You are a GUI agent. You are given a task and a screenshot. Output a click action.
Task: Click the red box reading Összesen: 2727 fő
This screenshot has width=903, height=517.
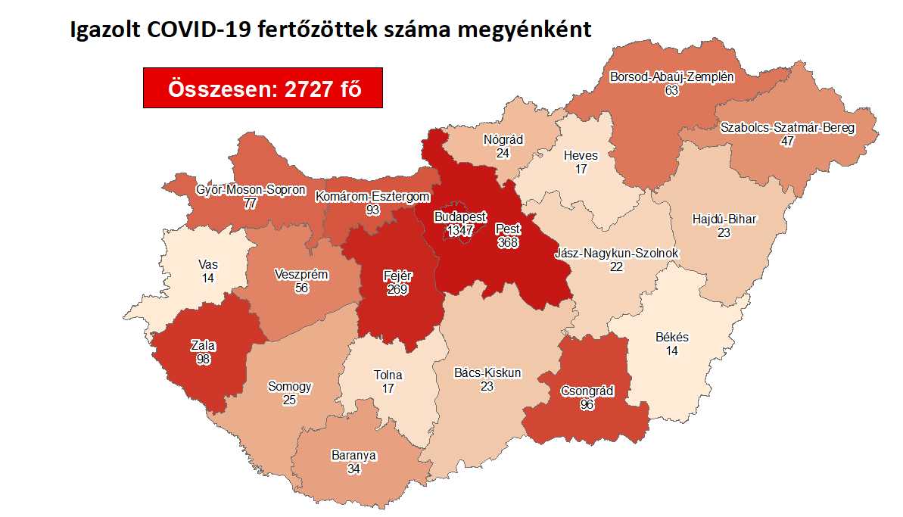pos(263,88)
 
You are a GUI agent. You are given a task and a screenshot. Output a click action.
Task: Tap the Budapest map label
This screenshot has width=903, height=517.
pos(460,216)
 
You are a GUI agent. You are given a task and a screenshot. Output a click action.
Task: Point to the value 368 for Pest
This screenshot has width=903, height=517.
pos(507,242)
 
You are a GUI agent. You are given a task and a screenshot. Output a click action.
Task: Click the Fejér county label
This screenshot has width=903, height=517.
pos(395,276)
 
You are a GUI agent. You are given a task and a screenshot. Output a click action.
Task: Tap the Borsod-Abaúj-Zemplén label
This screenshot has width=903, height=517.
pos(671,76)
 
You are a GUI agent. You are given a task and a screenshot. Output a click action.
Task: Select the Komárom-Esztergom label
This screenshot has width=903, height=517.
pos(373,197)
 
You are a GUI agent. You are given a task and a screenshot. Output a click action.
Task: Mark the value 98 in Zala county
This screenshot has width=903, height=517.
pos(203,359)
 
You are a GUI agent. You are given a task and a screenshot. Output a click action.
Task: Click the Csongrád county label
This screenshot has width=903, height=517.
pos(587,391)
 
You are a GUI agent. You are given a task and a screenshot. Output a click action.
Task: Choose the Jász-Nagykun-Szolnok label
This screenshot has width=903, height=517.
pos(616,252)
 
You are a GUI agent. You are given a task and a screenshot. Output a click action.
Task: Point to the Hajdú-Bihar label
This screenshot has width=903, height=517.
pos(724,220)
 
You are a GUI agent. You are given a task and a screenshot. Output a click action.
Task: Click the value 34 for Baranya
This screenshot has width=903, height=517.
pos(353,469)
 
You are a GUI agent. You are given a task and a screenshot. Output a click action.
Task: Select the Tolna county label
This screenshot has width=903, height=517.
pos(388,375)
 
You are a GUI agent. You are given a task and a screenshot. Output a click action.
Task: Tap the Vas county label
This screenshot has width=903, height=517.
pos(208,264)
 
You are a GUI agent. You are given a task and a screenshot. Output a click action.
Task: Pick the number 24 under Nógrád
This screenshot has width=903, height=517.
pos(503,153)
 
